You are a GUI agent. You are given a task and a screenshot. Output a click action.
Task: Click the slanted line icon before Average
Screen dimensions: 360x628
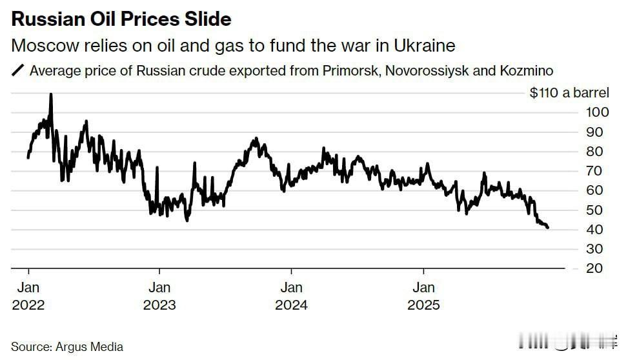click(18, 70)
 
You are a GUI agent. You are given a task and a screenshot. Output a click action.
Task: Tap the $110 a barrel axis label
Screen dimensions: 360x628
click(569, 93)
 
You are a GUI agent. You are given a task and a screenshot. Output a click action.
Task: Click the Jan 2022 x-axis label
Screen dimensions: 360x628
click(28, 295)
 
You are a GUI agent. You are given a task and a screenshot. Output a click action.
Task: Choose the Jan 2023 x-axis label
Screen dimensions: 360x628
click(159, 295)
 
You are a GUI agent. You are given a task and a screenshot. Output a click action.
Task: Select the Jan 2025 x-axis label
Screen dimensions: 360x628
click(423, 295)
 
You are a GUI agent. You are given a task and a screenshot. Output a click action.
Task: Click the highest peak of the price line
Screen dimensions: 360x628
click(51, 94)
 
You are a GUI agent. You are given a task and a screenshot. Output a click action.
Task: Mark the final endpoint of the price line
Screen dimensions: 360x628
click(548, 228)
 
